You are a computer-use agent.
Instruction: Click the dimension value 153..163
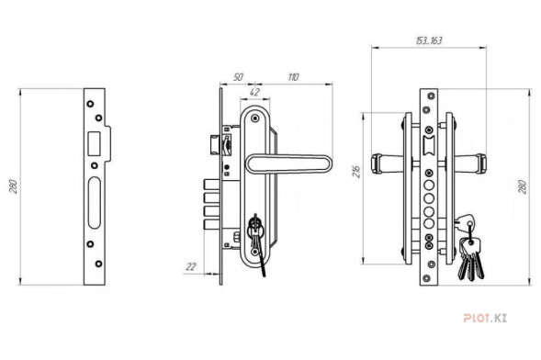coord(429,40)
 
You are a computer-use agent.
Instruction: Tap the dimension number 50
coord(238,77)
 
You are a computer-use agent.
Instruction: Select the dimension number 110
coord(293,77)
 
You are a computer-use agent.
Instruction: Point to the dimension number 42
coord(254,92)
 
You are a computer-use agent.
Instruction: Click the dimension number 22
coord(191,266)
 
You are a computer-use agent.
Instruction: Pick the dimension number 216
coord(356,172)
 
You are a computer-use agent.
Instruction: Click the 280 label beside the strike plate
coord(13,186)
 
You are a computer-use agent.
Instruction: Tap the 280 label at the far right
coord(523,186)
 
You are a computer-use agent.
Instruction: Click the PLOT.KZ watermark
coord(485,318)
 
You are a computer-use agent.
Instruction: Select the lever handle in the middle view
coord(288,163)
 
